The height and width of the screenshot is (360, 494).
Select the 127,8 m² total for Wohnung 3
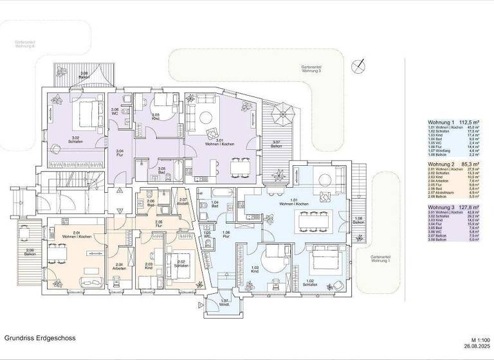click(x=479, y=207)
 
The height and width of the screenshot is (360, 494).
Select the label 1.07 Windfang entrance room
click(x=224, y=302)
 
